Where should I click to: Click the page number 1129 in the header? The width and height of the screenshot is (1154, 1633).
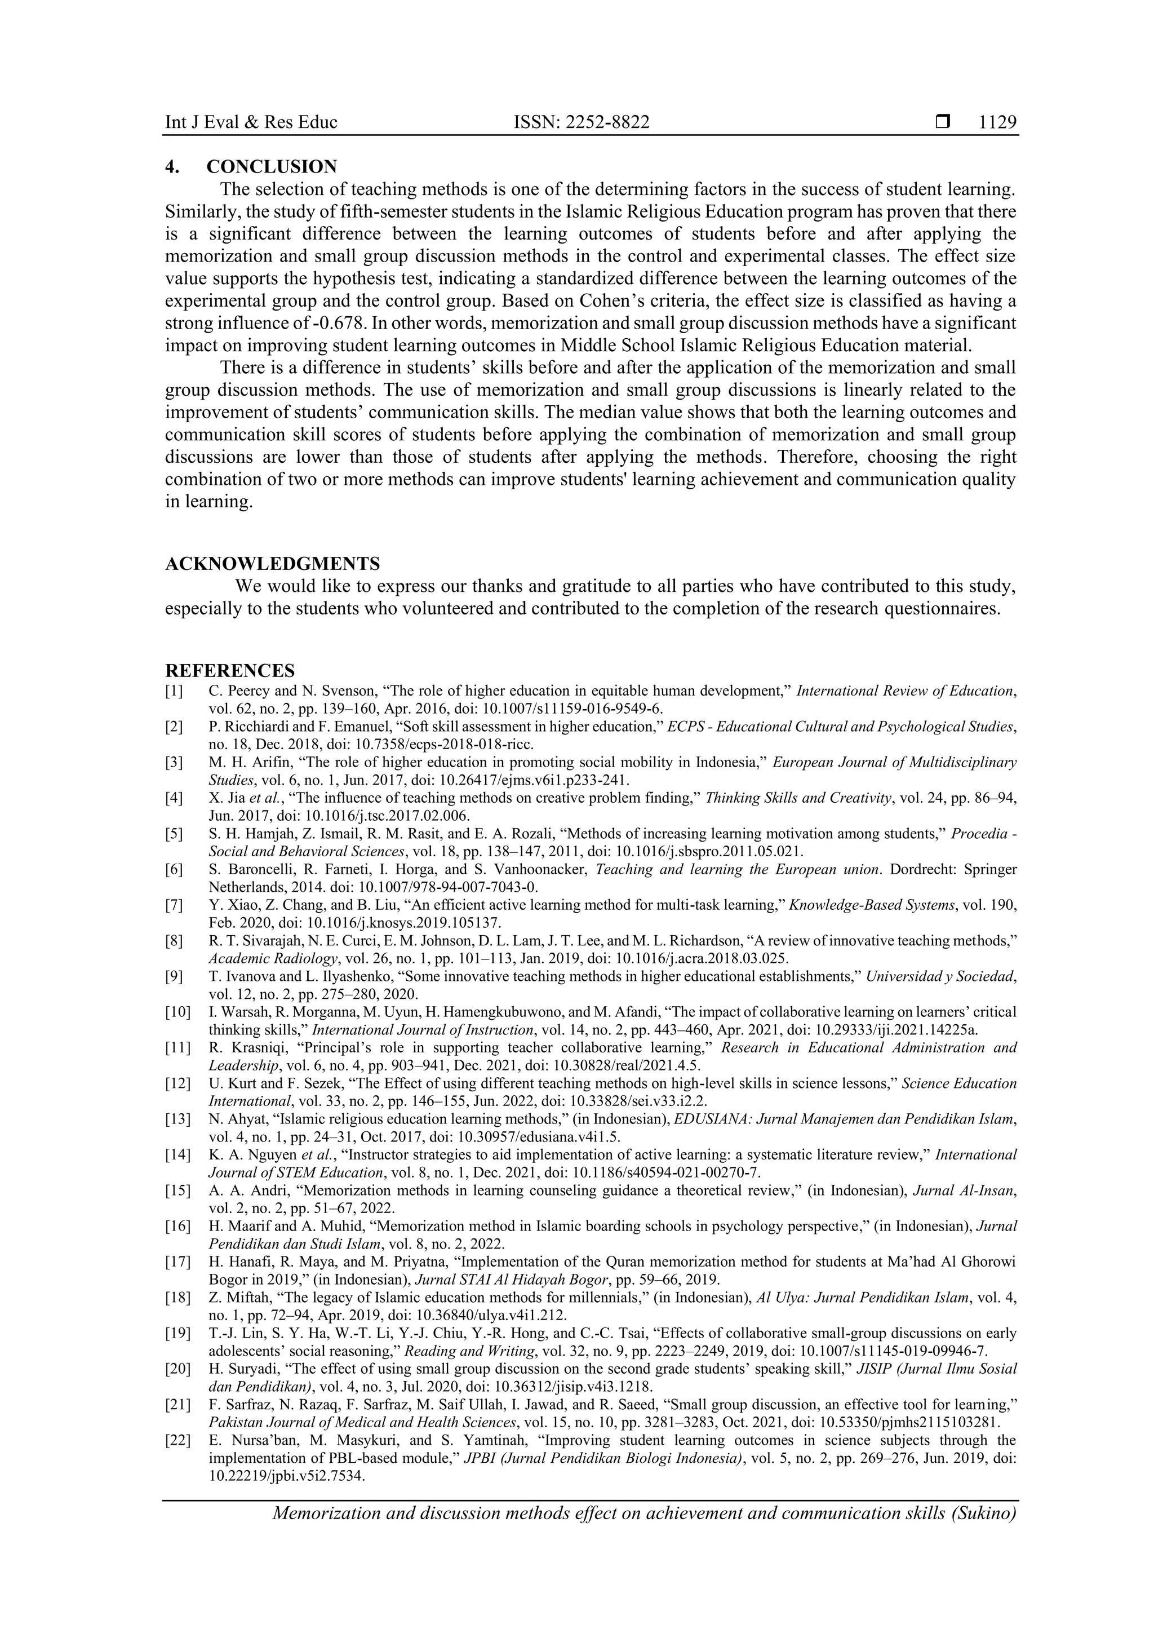997,122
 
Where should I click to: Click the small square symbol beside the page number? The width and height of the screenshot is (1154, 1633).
943,122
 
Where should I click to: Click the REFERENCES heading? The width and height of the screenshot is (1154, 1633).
230,671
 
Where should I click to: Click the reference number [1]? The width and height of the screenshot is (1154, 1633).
174,691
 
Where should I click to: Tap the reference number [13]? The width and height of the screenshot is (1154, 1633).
177,1119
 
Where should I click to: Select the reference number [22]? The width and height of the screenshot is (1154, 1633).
177,1440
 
